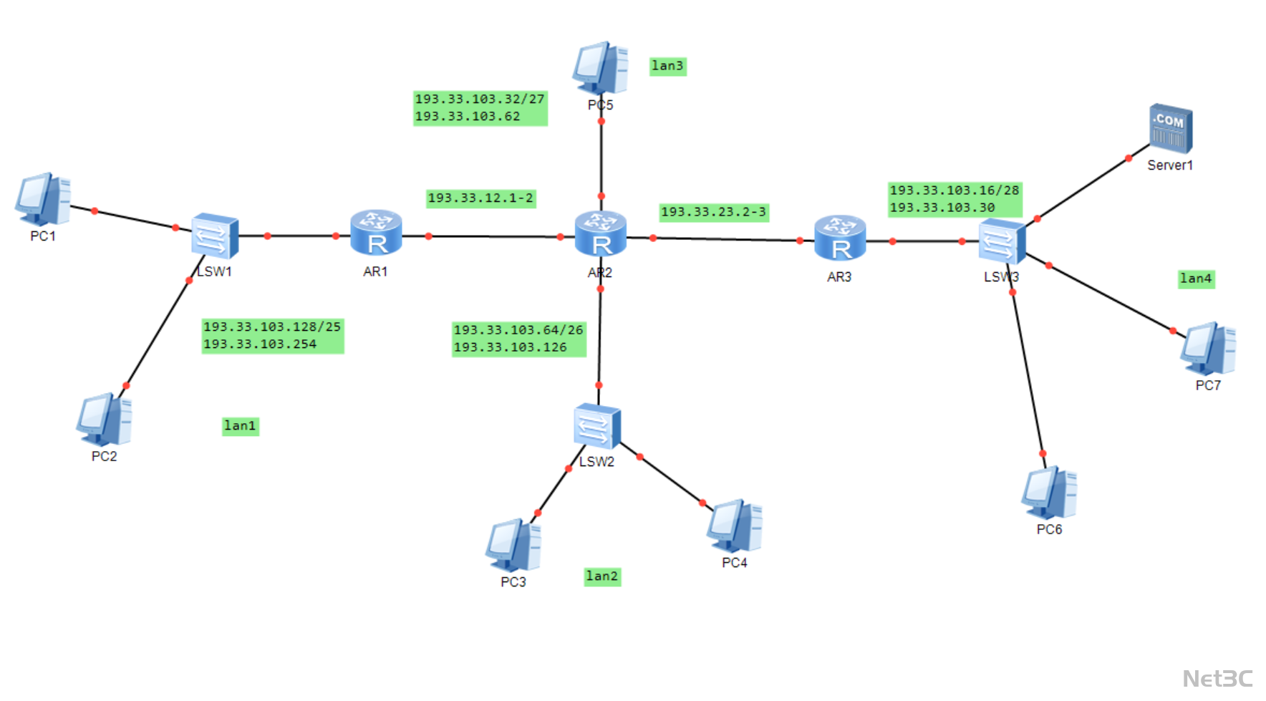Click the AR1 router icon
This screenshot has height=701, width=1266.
(x=376, y=233)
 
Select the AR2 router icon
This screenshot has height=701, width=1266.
(x=601, y=233)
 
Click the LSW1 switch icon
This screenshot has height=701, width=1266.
(x=214, y=235)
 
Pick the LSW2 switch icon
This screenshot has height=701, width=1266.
(x=596, y=426)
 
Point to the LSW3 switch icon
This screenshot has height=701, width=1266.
(x=1002, y=241)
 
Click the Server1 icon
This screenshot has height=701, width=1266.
(x=1171, y=129)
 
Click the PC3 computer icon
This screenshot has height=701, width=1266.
(x=513, y=545)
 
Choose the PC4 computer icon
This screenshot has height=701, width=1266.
(x=735, y=526)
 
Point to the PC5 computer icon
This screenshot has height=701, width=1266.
(x=600, y=68)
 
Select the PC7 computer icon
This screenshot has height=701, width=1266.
(x=1208, y=349)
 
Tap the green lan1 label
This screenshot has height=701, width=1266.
(x=240, y=426)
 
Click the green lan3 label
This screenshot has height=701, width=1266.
(x=667, y=66)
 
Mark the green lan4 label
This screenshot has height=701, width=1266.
(x=1196, y=279)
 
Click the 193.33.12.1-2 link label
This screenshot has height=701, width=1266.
(x=480, y=198)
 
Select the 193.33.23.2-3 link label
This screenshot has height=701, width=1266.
(x=713, y=212)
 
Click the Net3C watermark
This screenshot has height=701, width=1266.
(x=1217, y=678)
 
